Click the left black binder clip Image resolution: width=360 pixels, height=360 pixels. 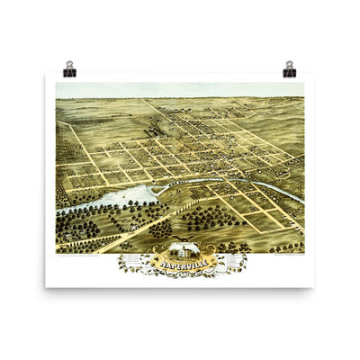point(69,71)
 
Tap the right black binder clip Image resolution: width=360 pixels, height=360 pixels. point(290,71)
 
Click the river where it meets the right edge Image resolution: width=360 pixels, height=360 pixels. point(301,200)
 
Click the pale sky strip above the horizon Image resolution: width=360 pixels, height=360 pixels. point(180,90)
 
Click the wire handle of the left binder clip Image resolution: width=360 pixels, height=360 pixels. point(69,65)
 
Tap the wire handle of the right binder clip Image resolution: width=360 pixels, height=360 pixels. point(290,65)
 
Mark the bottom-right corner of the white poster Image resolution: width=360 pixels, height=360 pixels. point(314,286)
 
